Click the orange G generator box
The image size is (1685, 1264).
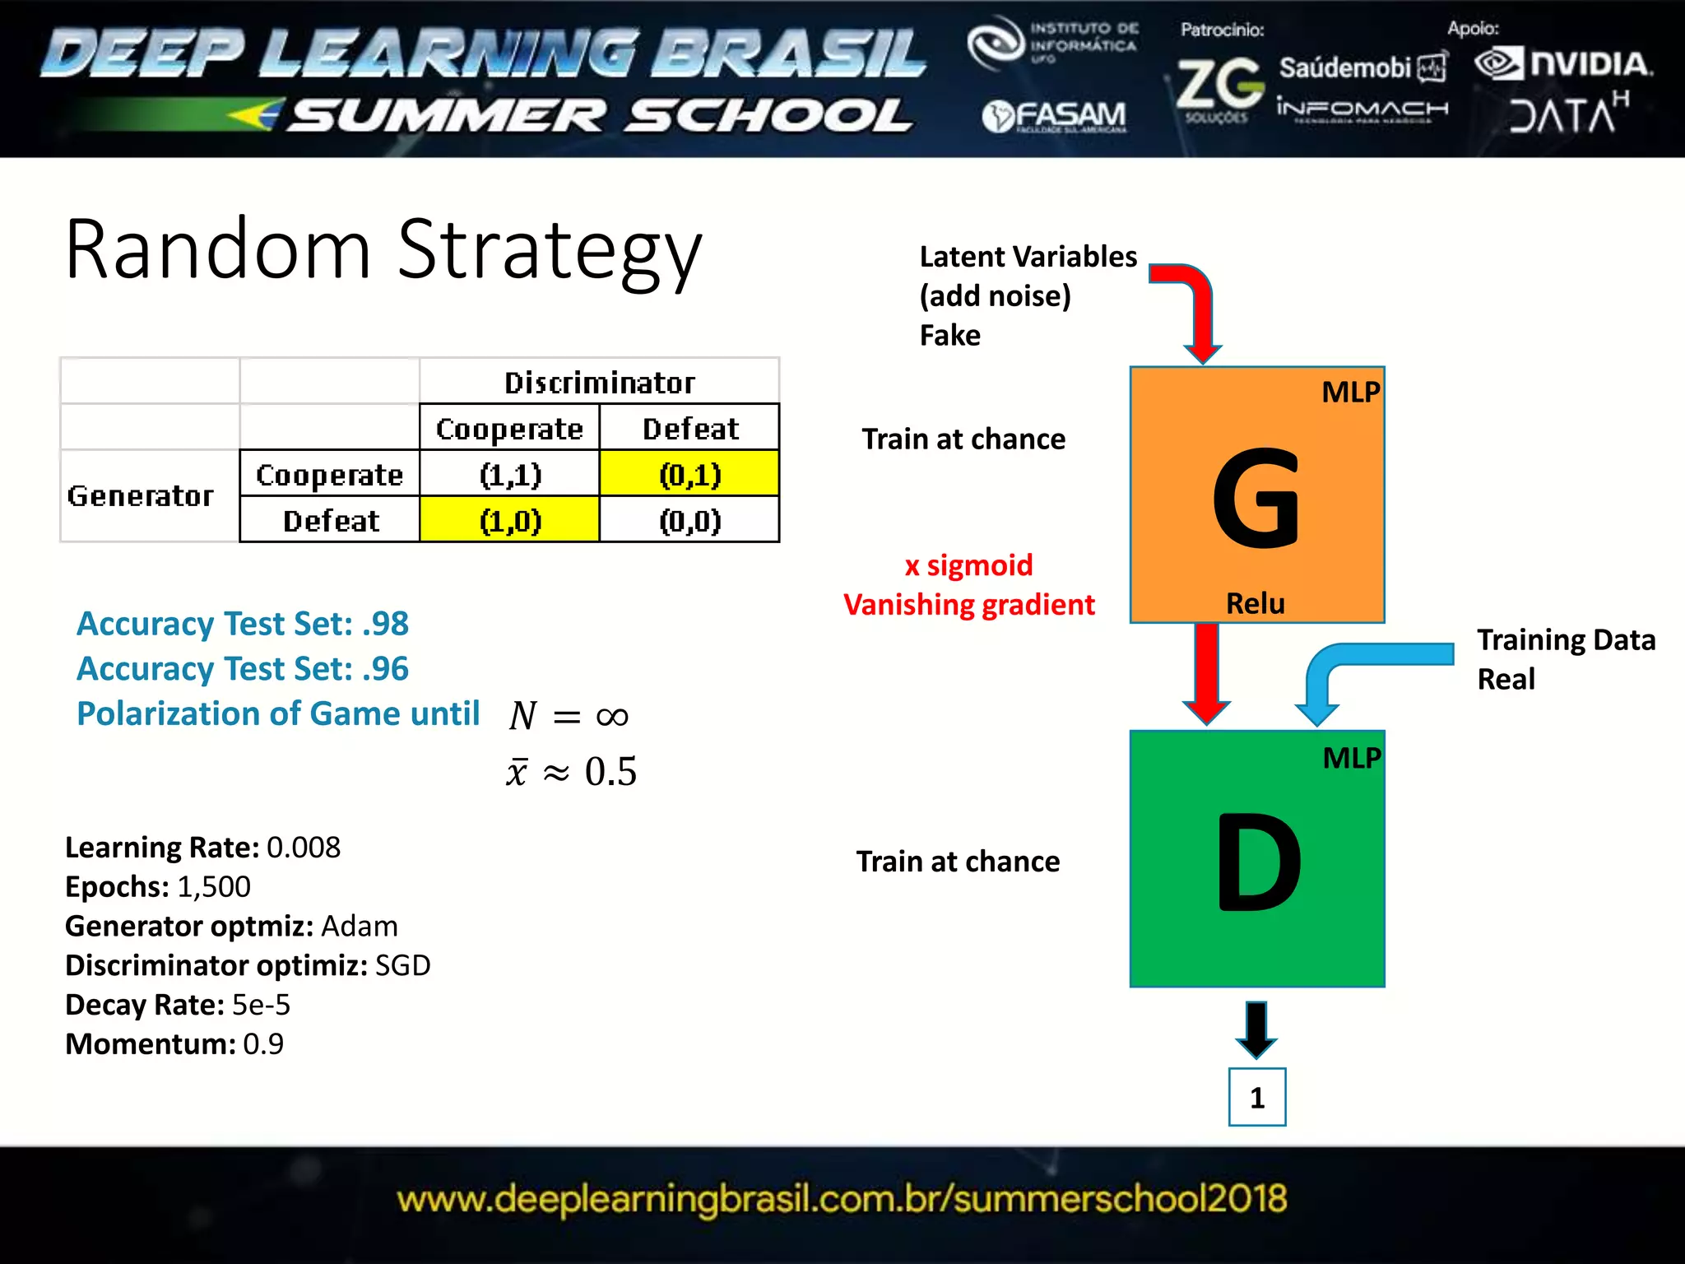click(1256, 495)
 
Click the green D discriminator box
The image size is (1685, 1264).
click(1256, 858)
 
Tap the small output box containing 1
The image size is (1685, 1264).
click(1256, 1097)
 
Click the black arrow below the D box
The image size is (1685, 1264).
click(1256, 1029)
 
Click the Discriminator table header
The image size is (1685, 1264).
click(599, 383)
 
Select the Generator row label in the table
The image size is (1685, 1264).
click(141, 495)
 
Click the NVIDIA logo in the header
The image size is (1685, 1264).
click(1564, 64)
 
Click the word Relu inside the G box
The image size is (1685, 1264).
click(1255, 603)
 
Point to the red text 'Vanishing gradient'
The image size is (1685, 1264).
click(968, 605)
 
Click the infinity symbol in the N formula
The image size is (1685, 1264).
click(612, 717)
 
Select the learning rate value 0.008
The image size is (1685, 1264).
click(303, 848)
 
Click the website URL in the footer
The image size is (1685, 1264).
click(842, 1199)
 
